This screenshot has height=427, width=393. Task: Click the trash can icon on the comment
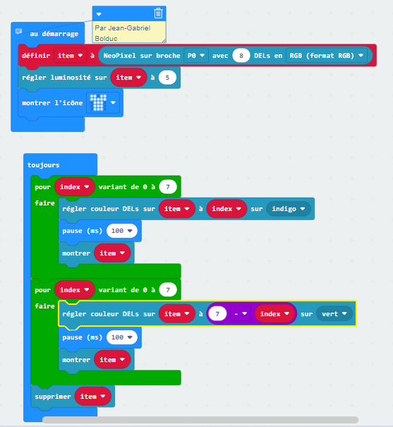158,13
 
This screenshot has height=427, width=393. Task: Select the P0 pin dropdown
196,56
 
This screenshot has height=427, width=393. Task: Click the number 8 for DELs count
241,56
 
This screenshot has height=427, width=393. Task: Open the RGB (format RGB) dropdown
326,56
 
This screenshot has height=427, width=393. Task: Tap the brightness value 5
167,78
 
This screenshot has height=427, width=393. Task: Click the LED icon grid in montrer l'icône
98,102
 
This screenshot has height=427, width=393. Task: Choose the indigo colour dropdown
288,209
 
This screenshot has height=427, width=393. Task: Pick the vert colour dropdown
334,314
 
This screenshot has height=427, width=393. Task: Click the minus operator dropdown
241,314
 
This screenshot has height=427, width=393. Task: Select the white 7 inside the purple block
217,314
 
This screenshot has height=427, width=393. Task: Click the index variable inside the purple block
274,314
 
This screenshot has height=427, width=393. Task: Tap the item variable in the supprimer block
92,397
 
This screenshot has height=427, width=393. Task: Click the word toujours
44,165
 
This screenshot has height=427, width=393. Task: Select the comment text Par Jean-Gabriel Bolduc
123,33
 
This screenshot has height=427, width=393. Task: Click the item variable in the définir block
70,56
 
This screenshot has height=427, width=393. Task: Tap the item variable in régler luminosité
128,78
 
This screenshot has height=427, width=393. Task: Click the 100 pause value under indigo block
121,231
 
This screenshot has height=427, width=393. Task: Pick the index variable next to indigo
226,209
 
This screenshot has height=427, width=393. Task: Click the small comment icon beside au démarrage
18,31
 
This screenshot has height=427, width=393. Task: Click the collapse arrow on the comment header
99,14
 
